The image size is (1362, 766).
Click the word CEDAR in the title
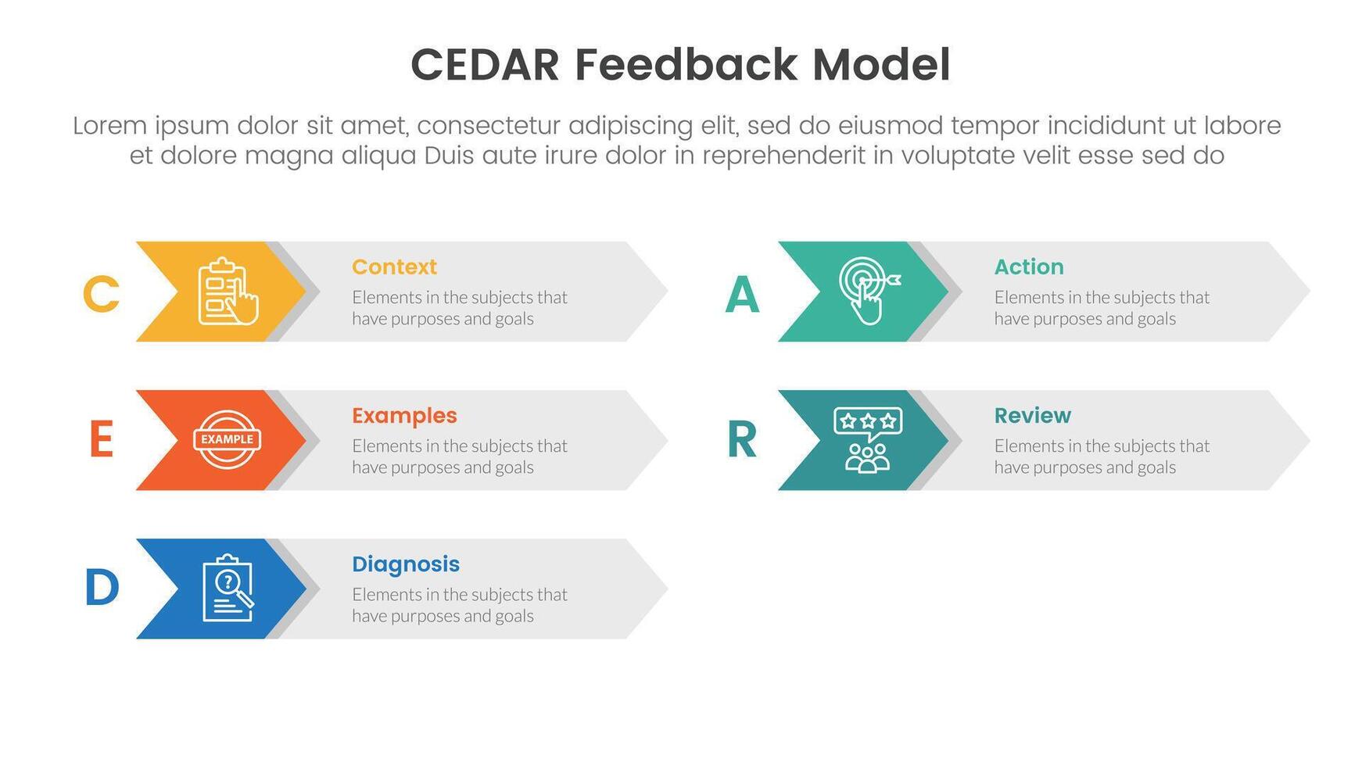[485, 65]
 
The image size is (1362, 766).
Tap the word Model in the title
[881, 65]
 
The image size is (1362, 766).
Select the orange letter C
[101, 295]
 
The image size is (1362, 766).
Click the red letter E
[101, 440]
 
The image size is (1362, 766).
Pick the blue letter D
[102, 588]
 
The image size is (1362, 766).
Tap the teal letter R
[742, 440]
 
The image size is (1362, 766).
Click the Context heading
[394, 267]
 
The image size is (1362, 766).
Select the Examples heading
[404, 416]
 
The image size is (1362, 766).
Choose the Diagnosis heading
[405, 564]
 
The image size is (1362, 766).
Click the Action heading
[1028, 267]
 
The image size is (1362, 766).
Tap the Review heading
[1032, 416]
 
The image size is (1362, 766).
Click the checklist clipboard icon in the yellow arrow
[227, 292]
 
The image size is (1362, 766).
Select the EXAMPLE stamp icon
[227, 439]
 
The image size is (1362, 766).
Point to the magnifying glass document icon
[228, 588]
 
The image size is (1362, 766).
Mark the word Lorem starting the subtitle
[109, 126]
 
